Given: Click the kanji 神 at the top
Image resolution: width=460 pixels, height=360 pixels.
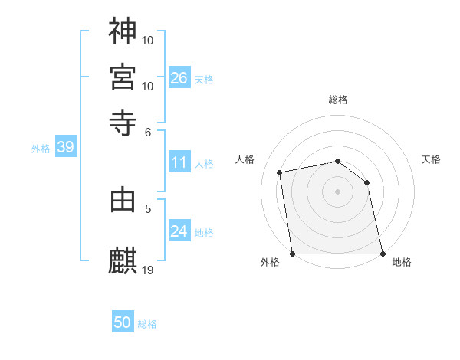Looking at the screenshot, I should [123, 31].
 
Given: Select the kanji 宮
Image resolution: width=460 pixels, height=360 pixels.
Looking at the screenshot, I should [123, 77].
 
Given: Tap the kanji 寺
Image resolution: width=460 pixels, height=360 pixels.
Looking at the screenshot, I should [123, 122].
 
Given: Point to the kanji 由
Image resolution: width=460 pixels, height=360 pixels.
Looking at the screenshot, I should [123, 200].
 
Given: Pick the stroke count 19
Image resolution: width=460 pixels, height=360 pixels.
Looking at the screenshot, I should [149, 270].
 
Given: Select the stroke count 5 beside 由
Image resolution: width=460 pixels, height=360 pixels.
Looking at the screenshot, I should [149, 208].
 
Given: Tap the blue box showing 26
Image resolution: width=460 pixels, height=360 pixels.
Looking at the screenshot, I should [179, 78].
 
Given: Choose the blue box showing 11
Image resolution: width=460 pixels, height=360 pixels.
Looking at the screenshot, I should [179, 162].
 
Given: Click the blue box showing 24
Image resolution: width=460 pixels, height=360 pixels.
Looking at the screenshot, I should [179, 231].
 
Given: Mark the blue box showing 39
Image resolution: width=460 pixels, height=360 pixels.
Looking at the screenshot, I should [65, 148].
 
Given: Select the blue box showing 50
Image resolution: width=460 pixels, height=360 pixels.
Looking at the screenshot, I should [123, 322].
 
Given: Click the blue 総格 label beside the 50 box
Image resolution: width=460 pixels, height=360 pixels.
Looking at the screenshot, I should [147, 324].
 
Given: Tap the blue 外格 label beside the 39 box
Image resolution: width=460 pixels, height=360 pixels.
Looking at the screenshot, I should [41, 149].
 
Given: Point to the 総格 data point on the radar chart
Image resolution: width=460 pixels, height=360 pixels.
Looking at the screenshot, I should [337, 161].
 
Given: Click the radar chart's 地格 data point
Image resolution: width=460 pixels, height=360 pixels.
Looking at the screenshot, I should [383, 254].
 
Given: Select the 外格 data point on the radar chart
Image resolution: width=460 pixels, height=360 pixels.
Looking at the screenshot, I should [292, 254].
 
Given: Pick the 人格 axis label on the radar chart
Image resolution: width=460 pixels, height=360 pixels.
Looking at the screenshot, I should [245, 159].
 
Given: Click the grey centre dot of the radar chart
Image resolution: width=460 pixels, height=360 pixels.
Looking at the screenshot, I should [337, 191].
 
